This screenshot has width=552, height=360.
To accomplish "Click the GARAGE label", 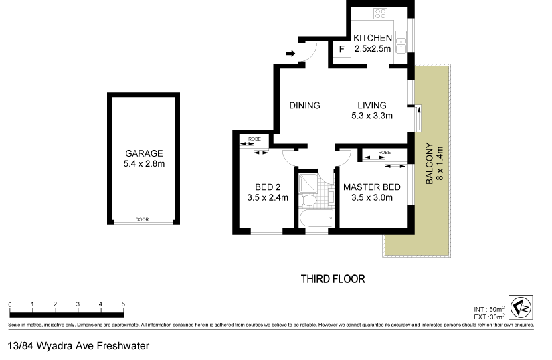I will pyautogui.click(x=144, y=153).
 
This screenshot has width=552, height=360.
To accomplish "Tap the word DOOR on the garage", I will pyautogui.click(x=141, y=219).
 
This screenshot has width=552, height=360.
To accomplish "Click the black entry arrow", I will pyautogui.click(x=290, y=54).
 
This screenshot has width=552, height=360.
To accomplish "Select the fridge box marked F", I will pyautogui.click(x=341, y=50).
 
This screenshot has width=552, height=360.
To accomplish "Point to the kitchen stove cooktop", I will pyautogui.click(x=381, y=14).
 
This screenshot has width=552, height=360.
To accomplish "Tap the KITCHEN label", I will pyautogui.click(x=373, y=38).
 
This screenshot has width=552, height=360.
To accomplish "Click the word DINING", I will pyautogui.click(x=304, y=106).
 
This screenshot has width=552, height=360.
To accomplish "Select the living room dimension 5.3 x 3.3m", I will pyautogui.click(x=371, y=116).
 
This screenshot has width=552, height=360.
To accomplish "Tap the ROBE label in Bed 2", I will pyautogui.click(x=254, y=139).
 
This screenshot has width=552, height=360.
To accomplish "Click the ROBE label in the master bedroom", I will pyautogui.click(x=384, y=153).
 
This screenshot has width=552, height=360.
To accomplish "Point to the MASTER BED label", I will pyautogui.click(x=372, y=187).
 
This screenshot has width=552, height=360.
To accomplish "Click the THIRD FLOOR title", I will pyautogui.click(x=333, y=279).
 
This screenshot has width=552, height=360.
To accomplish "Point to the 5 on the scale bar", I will pyautogui.click(x=123, y=304).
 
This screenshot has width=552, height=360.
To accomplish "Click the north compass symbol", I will pyautogui.click(x=520, y=307).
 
